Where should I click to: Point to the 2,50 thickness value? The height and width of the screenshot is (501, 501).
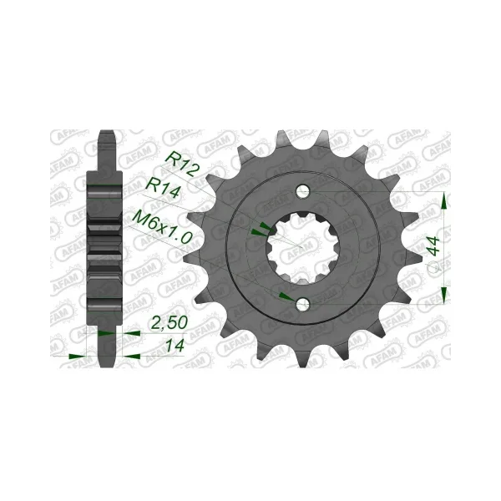(169, 323)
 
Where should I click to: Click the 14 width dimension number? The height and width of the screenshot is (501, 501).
(175, 345)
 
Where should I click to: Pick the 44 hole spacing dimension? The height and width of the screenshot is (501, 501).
(434, 246)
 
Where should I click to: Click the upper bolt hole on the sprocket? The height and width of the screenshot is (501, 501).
(302, 192)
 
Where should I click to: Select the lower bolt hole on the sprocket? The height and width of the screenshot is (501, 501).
(302, 304)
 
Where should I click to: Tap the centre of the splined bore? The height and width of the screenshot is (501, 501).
(302, 248)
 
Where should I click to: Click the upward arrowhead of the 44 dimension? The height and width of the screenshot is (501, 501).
(444, 200)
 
